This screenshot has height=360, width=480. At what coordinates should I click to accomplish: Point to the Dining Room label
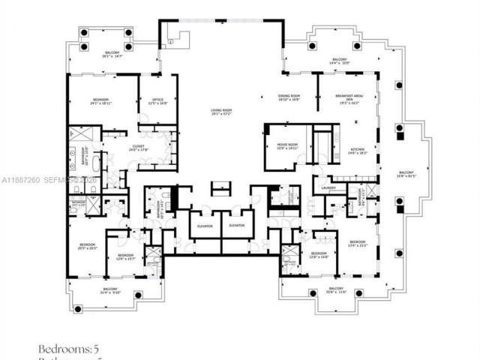coord(289,97)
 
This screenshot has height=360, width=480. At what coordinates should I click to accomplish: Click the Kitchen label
coord(358,151)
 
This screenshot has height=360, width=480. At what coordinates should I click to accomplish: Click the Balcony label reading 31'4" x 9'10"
coord(110,290)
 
